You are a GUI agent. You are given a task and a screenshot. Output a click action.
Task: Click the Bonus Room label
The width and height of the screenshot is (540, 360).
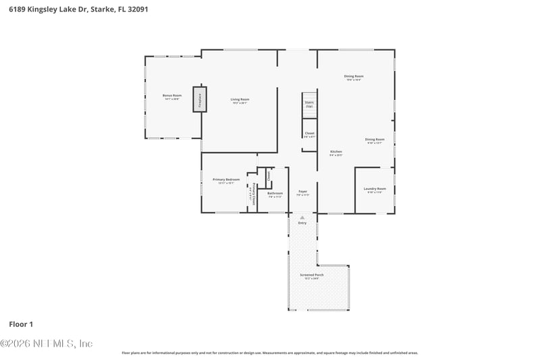(x=171, y=96)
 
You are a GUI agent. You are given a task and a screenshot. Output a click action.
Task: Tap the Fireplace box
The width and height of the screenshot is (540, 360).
(x=200, y=99)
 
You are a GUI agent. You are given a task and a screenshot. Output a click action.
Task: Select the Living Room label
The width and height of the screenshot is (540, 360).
(x=240, y=100)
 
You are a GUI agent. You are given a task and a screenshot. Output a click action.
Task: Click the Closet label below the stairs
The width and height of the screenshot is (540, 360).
(x=309, y=134)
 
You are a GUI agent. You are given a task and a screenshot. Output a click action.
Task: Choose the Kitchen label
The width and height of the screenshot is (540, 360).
(x=335, y=152)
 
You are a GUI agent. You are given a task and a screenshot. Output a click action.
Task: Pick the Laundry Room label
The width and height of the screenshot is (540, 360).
(x=375, y=189)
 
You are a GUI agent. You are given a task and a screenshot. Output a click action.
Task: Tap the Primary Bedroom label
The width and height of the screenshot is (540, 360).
(x=226, y=180)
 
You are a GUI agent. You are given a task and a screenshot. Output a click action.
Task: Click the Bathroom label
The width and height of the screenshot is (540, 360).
(x=275, y=194)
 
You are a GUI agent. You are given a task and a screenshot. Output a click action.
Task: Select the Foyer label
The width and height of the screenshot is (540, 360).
(x=303, y=192)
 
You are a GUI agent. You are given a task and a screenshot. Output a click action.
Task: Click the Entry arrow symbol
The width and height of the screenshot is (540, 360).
(x=302, y=217)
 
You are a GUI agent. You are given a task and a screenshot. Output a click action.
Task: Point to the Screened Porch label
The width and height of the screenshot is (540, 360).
(x=312, y=276)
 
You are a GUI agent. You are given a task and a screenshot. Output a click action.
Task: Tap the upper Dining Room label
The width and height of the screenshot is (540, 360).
(x=354, y=76)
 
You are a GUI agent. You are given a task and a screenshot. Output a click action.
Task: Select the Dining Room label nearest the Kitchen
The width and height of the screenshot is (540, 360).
(x=375, y=140)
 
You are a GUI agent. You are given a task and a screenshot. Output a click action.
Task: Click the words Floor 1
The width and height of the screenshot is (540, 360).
(x=21, y=324)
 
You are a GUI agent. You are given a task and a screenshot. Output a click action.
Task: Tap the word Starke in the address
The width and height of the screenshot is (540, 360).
(x=99, y=9)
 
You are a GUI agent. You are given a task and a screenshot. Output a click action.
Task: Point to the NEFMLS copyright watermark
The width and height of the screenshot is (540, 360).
(x=46, y=343)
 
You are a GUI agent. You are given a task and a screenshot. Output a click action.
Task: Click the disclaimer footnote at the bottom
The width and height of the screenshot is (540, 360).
(x=269, y=353)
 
